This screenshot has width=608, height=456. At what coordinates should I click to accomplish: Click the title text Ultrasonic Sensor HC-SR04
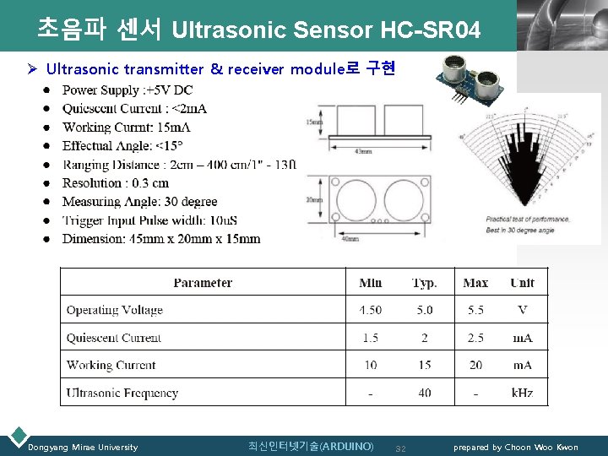click(x=325, y=31)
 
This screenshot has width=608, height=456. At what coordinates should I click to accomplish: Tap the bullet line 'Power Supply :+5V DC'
click(x=128, y=90)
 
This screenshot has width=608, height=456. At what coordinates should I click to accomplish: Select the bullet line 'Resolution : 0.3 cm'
click(x=116, y=183)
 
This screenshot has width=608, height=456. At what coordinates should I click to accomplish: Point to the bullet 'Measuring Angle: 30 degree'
click(x=139, y=202)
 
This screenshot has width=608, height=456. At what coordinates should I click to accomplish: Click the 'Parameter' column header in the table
click(x=203, y=283)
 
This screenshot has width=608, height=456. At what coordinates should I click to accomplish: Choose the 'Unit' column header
click(x=522, y=283)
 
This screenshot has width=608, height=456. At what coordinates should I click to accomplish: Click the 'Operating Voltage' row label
click(x=115, y=310)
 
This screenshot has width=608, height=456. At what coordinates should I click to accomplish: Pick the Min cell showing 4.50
click(x=370, y=310)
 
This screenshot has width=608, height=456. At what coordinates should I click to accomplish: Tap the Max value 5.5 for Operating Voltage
click(x=475, y=310)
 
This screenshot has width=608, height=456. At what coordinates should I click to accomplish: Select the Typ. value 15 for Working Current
click(x=424, y=365)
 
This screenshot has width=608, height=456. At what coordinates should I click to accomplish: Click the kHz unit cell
click(x=522, y=393)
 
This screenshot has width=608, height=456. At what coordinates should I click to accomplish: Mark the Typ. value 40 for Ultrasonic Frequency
click(x=424, y=393)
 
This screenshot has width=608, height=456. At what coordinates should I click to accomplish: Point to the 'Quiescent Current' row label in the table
click(x=114, y=338)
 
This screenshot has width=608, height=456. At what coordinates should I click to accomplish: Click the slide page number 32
click(x=401, y=448)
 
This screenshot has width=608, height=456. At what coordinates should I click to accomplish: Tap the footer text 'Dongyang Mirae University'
click(x=83, y=447)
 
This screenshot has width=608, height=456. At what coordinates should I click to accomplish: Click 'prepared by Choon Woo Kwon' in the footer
click(x=516, y=447)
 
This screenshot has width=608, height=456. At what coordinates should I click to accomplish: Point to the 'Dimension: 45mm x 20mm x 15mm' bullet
click(x=161, y=239)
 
